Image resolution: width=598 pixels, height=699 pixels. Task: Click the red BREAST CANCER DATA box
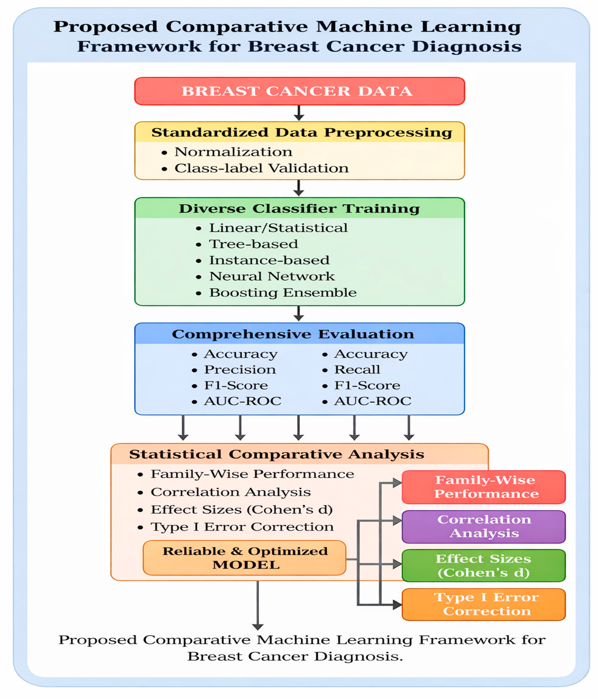(x=299, y=91)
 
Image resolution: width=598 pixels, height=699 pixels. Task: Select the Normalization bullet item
(x=233, y=152)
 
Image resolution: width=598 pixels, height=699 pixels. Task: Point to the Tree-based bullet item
(x=253, y=244)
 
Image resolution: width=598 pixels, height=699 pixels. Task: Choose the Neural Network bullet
(x=272, y=276)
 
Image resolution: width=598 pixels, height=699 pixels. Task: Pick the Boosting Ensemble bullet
(x=283, y=292)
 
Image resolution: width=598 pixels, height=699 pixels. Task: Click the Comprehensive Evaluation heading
(x=293, y=334)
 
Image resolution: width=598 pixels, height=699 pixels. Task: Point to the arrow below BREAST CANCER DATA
(x=299, y=113)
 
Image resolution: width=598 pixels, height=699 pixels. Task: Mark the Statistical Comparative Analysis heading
(x=276, y=454)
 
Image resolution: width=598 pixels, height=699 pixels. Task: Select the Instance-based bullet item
(x=269, y=260)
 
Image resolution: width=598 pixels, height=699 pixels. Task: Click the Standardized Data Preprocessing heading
(x=301, y=133)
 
